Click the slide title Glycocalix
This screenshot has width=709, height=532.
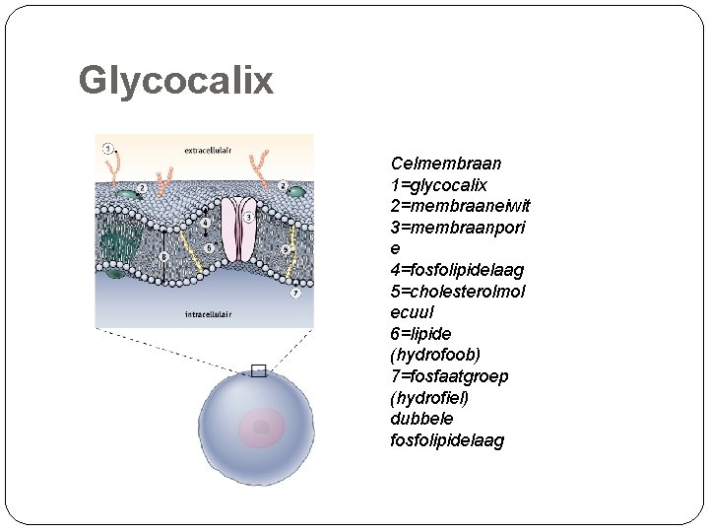pos(175,81)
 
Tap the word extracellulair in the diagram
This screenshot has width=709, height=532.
pos(210,151)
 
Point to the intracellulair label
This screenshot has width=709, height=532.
pos(210,315)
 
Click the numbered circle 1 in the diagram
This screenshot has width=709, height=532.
pos(108,149)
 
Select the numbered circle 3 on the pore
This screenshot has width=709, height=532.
pos(249,217)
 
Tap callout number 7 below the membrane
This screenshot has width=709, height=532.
pos(294,294)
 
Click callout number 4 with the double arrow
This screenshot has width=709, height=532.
pos(205,224)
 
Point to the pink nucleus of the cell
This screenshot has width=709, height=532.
pos(261,427)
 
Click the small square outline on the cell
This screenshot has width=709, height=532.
pos(259,371)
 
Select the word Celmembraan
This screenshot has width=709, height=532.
pos(446,164)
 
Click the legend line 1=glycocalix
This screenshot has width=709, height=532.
pos(439,185)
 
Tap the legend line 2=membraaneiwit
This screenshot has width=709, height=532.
pos(460,206)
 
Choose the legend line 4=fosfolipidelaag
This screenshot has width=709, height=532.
pos(457,270)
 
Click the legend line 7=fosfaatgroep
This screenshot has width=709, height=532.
pos(449,376)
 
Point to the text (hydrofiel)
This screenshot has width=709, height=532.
pos(429,398)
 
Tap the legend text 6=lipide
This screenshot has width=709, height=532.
pos(420,334)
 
